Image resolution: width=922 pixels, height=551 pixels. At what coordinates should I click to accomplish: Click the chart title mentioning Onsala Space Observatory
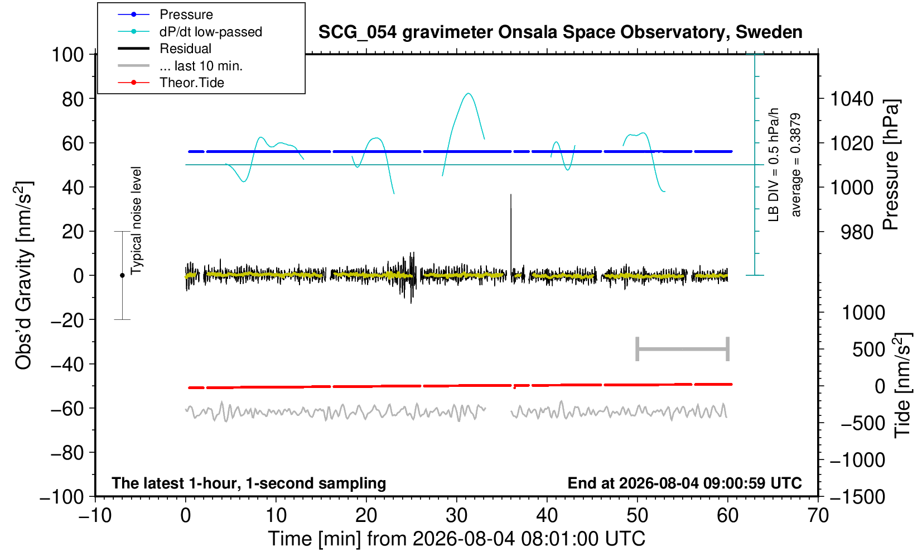pos(560,32)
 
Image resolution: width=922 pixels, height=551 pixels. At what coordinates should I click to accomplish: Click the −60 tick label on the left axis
pos(67,409)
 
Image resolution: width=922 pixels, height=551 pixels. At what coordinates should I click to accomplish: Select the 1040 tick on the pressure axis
pos(852,99)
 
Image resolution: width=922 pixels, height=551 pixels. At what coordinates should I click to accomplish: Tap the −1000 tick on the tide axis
pos(857,460)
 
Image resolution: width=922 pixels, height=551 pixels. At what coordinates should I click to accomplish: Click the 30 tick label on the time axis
pos(456,516)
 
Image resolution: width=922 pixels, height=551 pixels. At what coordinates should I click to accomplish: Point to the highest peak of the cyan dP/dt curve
pos(468,94)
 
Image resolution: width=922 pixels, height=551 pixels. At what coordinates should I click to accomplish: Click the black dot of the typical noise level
pos(122,275)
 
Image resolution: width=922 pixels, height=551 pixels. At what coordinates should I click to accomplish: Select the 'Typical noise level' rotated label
pos(136,221)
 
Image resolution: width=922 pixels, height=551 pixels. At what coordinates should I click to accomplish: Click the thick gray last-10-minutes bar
pos(683,349)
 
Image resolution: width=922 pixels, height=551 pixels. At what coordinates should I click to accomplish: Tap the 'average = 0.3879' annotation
pos(796,165)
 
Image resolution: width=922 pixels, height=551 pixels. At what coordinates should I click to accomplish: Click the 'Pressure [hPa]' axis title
pos(891,165)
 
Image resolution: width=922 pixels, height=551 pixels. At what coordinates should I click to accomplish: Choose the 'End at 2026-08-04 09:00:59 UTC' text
pos(684,483)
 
